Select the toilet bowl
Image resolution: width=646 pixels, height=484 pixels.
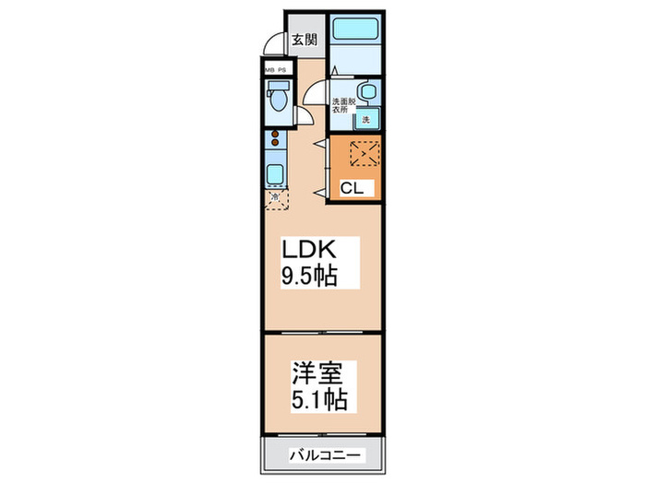[276, 98]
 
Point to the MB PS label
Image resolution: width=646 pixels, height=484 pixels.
[276, 68]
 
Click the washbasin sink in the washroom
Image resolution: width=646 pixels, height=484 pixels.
[366, 92]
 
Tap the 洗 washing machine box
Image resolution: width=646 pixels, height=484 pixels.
[366, 120]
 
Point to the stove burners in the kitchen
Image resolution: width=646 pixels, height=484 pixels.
[275, 141]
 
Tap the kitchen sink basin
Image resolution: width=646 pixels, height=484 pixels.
[275, 172]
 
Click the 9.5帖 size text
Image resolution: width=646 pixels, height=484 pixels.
[308, 275]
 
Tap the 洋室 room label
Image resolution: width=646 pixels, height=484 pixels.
[318, 375]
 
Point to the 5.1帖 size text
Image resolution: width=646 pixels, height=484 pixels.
[318, 400]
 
